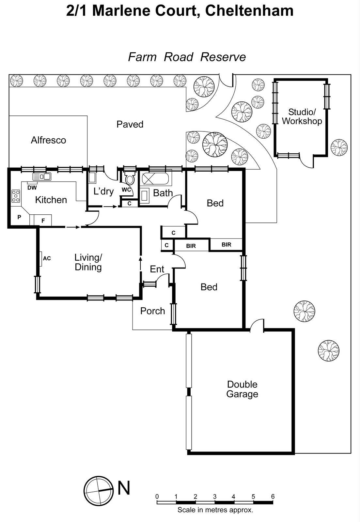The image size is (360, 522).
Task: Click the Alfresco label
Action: click(48, 140)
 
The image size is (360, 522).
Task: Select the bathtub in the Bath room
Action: click(155, 179)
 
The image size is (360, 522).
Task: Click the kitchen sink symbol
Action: click(42, 177)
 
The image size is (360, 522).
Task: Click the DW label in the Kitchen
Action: click(32, 188)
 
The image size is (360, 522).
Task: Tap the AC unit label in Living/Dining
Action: click(47, 258)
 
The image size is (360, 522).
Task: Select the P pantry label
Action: click(19, 217)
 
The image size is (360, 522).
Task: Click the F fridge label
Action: click(43, 221)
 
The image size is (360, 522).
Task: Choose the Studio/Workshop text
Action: click(302, 117)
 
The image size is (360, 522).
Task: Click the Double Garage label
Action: click(242, 389)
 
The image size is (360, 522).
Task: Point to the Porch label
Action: click(152, 311)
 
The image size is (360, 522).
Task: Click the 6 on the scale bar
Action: click(273, 497)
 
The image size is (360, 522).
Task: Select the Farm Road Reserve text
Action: click(187, 57)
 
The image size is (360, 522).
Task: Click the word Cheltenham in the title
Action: click(250, 11)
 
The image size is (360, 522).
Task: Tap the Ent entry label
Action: click(157, 269)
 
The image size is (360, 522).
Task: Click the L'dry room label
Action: click(103, 191)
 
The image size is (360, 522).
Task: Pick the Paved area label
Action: click(130, 124)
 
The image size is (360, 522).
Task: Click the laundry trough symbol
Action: click(92, 178)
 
